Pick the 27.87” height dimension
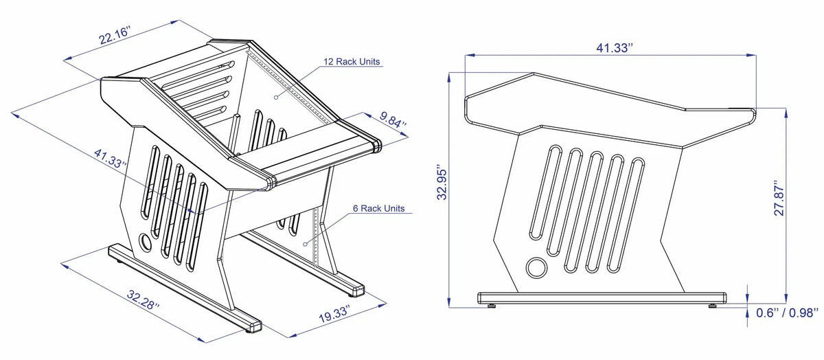pyautogui.click(x=779, y=199)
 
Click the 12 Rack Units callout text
pyautogui.click(x=352, y=62)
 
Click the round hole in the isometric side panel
pyautogui.click(x=146, y=242)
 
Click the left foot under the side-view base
pyautogui.click(x=492, y=305)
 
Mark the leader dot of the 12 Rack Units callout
pyautogui.click(x=275, y=98)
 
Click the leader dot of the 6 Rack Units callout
pyautogui.click(x=304, y=242)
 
